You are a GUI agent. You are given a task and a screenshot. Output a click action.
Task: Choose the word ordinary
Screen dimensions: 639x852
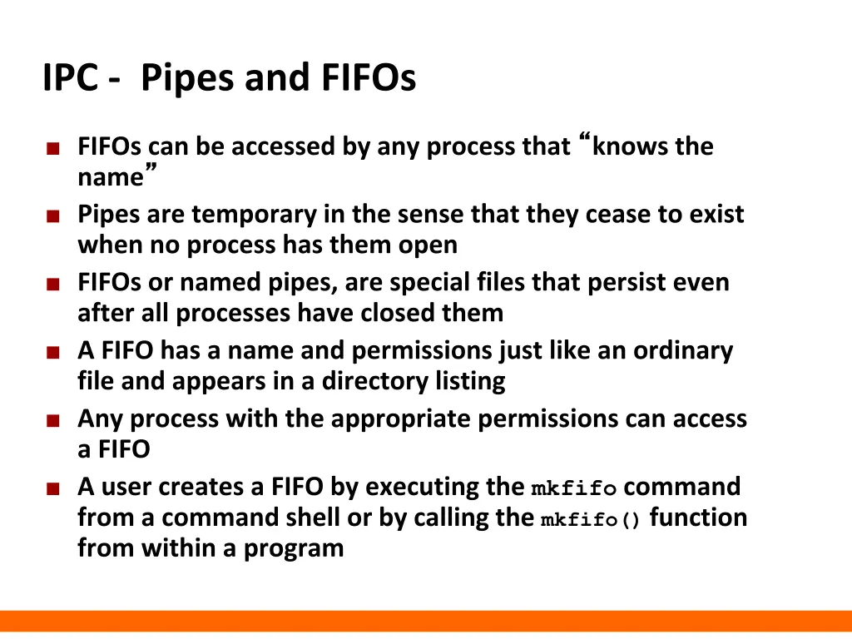click(683, 350)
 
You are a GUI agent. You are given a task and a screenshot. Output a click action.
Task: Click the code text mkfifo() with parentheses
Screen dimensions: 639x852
click(591, 521)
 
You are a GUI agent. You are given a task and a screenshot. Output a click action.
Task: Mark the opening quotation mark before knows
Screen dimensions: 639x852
click(583, 137)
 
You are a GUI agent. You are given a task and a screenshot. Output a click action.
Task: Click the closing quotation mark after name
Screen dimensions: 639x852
click(151, 169)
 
